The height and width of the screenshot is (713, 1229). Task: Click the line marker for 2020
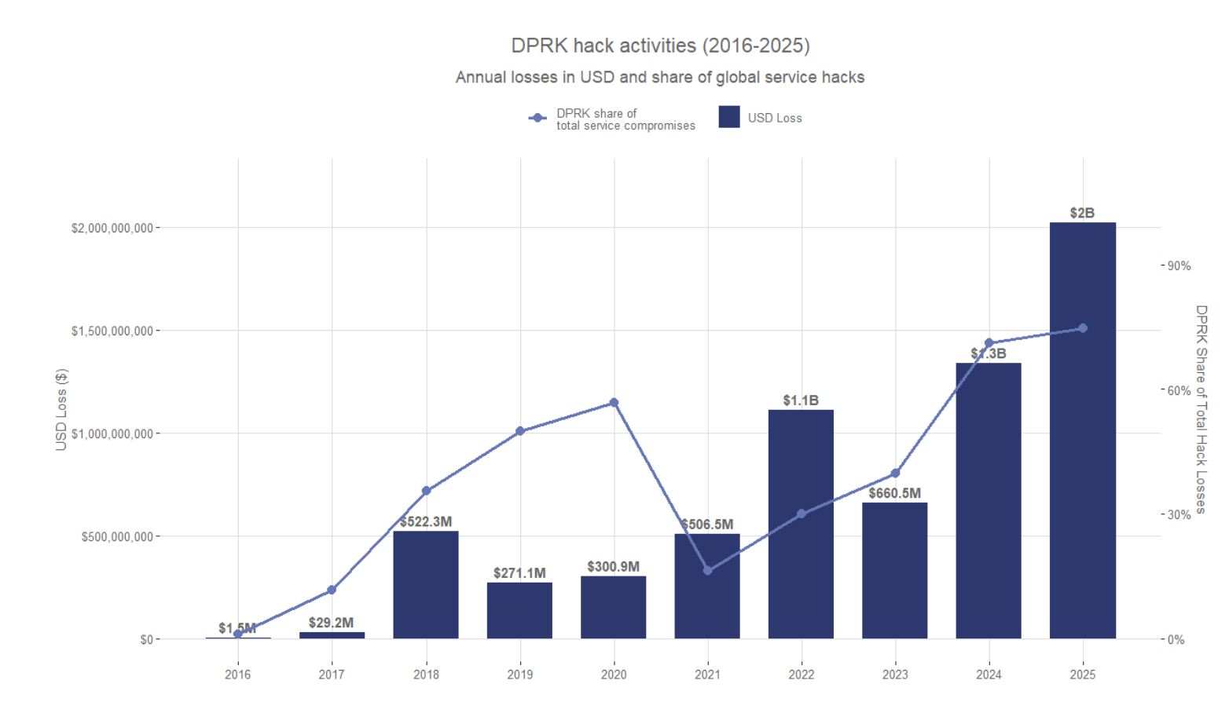click(614, 403)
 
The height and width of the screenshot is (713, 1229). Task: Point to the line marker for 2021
click(707, 571)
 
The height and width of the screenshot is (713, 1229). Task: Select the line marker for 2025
click(1083, 328)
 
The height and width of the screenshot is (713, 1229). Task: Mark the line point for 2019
click(520, 431)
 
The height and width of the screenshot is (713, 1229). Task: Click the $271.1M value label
click(519, 573)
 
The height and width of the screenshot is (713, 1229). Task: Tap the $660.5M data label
click(894, 493)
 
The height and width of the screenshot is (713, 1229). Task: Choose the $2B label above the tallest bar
click(1082, 213)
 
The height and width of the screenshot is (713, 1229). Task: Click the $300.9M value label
click(613, 566)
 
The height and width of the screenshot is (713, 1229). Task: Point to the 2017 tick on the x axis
click(332, 675)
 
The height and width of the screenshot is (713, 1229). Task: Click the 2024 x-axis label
click(989, 675)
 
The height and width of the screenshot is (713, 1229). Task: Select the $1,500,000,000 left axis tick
click(112, 331)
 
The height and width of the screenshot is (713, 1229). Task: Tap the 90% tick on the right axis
click(1179, 266)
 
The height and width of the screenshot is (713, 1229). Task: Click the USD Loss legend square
click(729, 117)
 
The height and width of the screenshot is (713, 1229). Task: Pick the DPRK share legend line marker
click(537, 118)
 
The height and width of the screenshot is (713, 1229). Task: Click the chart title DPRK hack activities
click(660, 46)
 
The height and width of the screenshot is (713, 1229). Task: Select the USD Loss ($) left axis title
click(61, 409)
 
